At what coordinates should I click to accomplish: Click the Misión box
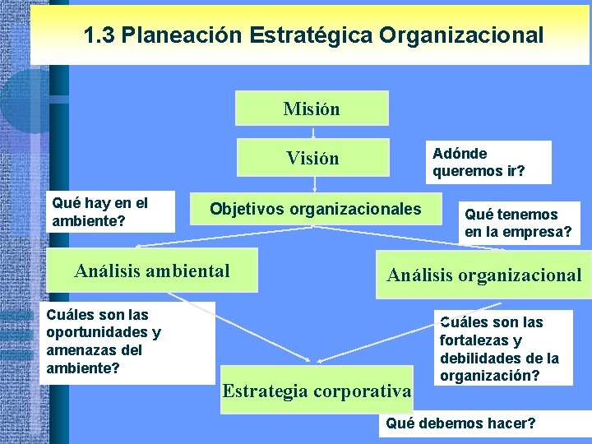[312, 109]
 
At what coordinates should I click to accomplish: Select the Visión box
[312, 158]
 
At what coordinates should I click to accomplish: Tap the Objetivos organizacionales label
[315, 208]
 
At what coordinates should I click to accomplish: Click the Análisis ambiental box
[153, 271]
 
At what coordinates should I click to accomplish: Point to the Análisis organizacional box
[483, 275]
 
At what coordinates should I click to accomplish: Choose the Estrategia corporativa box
[317, 390]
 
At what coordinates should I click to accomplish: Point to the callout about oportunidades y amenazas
[126, 341]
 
